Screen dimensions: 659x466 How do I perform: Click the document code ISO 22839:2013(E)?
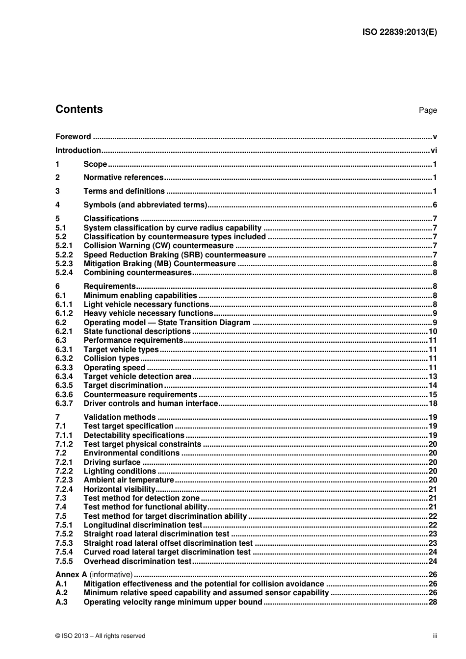click(x=399, y=32)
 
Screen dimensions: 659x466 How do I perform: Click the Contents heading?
click(x=79, y=109)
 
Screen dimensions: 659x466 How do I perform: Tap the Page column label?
click(x=427, y=110)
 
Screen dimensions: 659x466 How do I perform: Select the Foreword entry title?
click(x=73, y=137)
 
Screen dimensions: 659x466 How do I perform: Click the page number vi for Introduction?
click(x=433, y=151)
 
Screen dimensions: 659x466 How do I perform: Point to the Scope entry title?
click(x=95, y=164)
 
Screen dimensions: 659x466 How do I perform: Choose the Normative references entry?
click(x=123, y=177)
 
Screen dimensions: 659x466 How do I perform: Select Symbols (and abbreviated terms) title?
click(x=145, y=205)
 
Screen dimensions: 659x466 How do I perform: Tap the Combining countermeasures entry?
click(x=137, y=273)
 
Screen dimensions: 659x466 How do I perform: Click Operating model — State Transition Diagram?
click(x=167, y=323)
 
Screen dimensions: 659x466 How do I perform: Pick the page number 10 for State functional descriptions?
click(x=432, y=331)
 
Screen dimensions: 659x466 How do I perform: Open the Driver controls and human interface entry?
click(x=151, y=404)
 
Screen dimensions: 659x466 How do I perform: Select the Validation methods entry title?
click(x=119, y=417)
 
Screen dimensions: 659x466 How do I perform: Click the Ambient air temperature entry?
click(x=129, y=480)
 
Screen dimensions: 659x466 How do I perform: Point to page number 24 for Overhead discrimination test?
click(x=432, y=561)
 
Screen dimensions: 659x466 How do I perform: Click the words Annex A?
click(x=71, y=575)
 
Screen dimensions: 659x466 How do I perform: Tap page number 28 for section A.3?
click(x=432, y=602)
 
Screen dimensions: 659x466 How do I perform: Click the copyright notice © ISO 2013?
click(x=100, y=636)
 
